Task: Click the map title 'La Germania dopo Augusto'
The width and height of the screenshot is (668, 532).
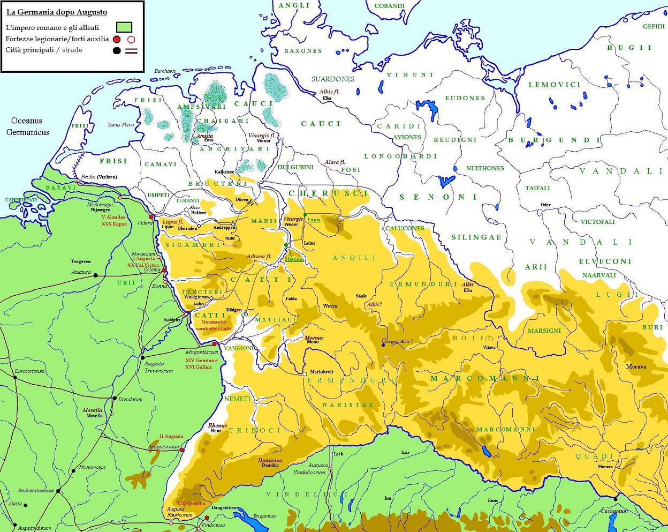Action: click(57, 12)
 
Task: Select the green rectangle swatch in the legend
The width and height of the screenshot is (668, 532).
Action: click(124, 27)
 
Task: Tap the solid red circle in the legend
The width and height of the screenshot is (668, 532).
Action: click(117, 39)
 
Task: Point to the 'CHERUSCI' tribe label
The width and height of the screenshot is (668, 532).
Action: click(328, 193)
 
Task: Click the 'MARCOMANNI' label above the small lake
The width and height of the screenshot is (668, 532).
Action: click(505, 430)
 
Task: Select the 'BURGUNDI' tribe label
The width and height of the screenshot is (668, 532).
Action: click(554, 140)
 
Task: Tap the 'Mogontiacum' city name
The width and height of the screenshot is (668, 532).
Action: click(202, 353)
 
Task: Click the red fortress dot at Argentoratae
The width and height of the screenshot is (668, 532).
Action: click(182, 449)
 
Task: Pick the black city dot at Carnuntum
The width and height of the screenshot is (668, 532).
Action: click(616, 499)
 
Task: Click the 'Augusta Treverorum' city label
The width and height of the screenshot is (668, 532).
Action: click(158, 367)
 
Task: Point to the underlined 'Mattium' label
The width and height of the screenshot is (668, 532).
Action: click(294, 259)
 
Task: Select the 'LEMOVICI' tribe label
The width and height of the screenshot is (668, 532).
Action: click(555, 85)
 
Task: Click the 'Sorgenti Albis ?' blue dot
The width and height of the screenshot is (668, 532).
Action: click(383, 344)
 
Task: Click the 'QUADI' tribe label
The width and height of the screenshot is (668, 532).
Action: click(594, 456)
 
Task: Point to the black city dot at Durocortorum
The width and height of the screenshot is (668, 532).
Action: click(15, 377)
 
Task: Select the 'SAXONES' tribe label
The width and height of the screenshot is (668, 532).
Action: click(303, 51)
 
